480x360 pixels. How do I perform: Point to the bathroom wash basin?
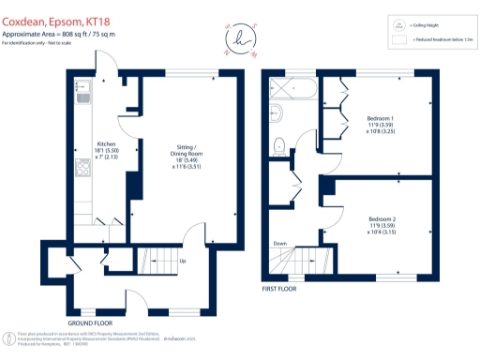[x=276, y=112]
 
